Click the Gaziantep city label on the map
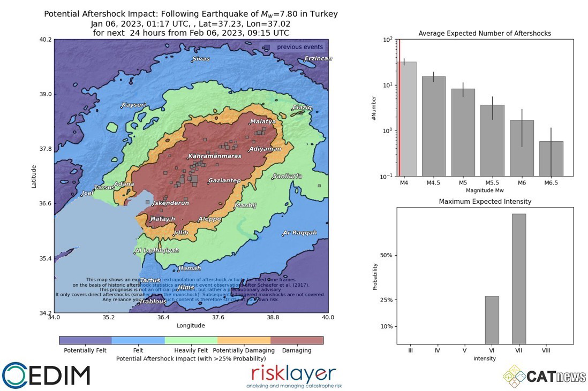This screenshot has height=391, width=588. coord(224,181)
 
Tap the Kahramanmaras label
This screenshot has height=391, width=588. coord(215,156)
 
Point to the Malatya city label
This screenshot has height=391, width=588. coord(263,121)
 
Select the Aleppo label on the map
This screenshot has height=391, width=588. coord(209,219)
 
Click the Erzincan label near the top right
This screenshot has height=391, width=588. coord(318,58)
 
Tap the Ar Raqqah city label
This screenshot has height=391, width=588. coord(300,233)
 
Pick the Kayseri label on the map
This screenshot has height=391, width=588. coord(133,105)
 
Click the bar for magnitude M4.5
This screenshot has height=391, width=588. coord(433,126)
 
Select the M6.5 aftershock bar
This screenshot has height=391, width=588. coord(551,158)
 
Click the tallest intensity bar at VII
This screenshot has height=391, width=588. coord(518,279)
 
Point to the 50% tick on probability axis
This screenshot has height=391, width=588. coord(386,255)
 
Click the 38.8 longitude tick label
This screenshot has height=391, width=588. coord(273,317)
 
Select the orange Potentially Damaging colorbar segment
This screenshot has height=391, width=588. coord(244,340)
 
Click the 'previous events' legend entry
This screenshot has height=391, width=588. coord(300,47)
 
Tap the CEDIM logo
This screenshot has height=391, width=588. coord(46,375)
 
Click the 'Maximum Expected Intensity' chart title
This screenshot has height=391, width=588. coord(485,202)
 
